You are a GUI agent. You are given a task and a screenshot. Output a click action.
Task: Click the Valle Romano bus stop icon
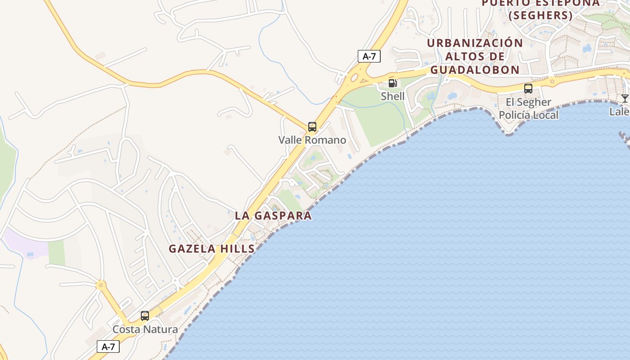[x=312, y=127]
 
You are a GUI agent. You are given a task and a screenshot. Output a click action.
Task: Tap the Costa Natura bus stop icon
[x=144, y=316]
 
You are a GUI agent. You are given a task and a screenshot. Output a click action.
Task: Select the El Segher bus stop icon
[x=528, y=89]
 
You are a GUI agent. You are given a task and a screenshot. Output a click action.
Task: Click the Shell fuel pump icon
[x=392, y=83]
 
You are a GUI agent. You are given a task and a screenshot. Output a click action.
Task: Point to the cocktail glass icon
[x=625, y=98]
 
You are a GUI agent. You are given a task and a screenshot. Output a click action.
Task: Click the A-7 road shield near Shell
[x=369, y=56]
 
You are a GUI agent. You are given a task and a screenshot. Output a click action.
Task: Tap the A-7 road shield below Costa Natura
[x=108, y=346]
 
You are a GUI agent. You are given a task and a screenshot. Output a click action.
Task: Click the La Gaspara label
[x=273, y=216]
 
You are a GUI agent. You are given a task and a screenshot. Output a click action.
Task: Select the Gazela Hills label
[x=211, y=248]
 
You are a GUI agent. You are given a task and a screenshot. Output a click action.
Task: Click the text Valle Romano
[x=312, y=140]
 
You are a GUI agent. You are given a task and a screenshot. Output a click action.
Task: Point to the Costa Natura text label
[x=145, y=329]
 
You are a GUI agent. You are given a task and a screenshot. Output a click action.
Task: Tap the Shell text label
[x=392, y=96]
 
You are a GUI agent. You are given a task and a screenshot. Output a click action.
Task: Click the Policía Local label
[x=529, y=115]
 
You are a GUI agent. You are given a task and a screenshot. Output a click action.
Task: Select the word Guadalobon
[x=475, y=70]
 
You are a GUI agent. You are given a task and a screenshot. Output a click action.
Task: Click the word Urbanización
[x=475, y=43]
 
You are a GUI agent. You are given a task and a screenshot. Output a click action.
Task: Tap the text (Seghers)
[x=540, y=15]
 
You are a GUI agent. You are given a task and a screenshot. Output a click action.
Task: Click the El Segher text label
[x=528, y=102]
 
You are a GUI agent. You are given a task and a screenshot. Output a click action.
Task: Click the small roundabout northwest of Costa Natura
[x=101, y=284]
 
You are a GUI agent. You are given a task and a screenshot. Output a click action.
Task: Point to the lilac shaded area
[x=25, y=243]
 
